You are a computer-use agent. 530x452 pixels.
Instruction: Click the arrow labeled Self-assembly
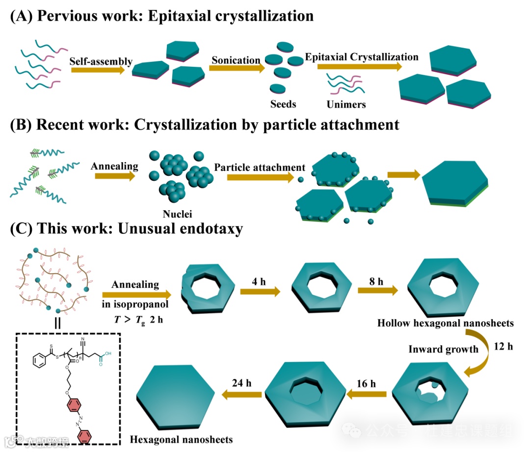coord(98,70)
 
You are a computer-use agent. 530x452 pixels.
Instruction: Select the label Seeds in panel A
coord(283,104)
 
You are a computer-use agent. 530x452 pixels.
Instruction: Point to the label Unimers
coord(346,104)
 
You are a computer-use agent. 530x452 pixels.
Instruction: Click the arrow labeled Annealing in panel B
coord(114,175)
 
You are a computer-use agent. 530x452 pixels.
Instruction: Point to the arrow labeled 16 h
coord(366,394)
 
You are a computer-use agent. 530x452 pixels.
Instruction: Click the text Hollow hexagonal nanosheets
coord(445,323)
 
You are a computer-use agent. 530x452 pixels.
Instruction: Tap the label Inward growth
coord(443,349)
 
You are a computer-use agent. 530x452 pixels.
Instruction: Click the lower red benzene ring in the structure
coord(84,436)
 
